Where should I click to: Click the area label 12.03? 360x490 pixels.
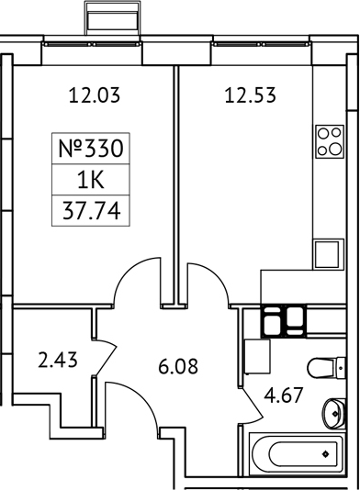pyautogui.click(x=96, y=93)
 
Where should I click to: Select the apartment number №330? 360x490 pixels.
pyautogui.click(x=89, y=146)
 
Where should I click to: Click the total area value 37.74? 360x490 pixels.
pyautogui.click(x=89, y=210)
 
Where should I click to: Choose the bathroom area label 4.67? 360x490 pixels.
pyautogui.click(x=284, y=398)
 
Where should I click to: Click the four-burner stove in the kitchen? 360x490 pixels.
pyautogui.click(x=328, y=141)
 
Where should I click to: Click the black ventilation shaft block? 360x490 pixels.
pyautogui.click(x=284, y=321)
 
